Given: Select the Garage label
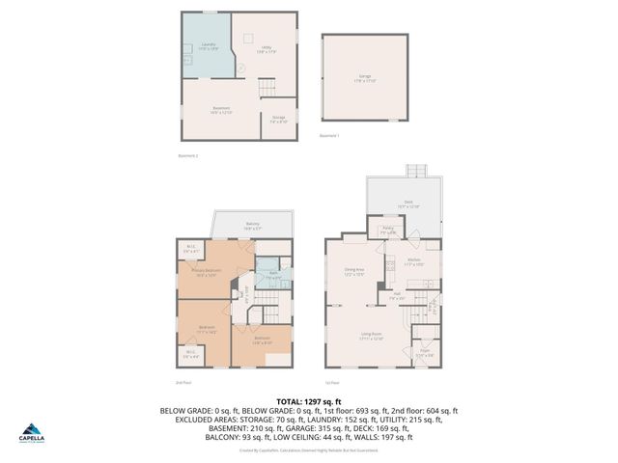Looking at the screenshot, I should pos(365,77).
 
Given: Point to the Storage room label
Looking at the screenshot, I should pos(278,120).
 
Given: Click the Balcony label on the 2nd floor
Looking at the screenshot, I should pos(252,226).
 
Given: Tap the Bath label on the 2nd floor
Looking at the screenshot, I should pos(274,275).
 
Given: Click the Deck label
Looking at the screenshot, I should pos(408,204).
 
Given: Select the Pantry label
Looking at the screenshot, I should pos(389,231).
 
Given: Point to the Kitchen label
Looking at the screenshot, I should pos(414,261).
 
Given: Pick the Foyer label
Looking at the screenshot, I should pos(424,352).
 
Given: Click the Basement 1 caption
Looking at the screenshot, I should pos(329,136).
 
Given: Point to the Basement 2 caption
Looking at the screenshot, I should pos(189,156).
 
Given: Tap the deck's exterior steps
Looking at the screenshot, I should pos(416,171).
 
